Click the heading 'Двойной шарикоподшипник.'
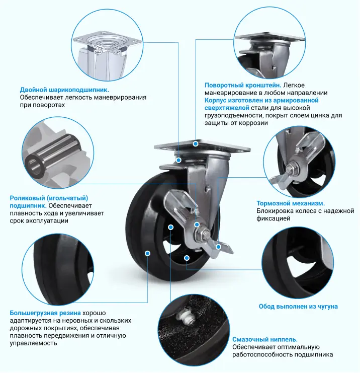coord(64,90)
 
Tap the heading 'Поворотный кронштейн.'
coord(243,85)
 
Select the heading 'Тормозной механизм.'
coord(291,203)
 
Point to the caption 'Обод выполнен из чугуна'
coord(298,307)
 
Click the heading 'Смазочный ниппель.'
coord(265,339)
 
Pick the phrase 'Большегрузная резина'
coord(45,313)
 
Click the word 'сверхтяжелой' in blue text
coord(227,108)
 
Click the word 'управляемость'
coord(33,343)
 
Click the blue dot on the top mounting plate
coord(196,144)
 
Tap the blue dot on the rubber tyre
coord(147,253)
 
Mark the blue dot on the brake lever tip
coord(218,247)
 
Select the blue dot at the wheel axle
coord(197,225)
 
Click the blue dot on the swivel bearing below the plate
coord(178,161)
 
